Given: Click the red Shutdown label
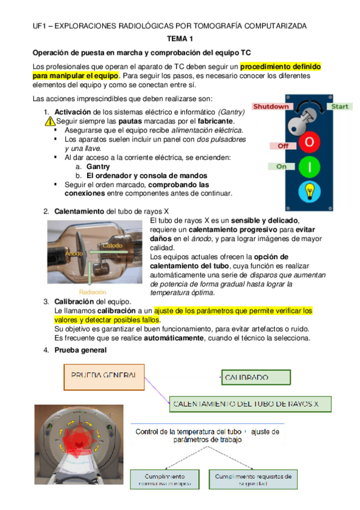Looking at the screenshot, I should (x=270, y=106).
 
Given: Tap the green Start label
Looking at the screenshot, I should (x=340, y=106).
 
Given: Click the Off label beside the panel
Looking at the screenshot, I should (x=282, y=146).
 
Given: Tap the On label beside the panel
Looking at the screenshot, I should (x=281, y=167).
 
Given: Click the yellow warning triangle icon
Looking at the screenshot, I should (x=49, y=121).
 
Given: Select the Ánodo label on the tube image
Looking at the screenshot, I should (x=74, y=253).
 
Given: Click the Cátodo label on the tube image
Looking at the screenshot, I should (x=112, y=245).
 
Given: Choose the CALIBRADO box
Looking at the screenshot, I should (x=255, y=378).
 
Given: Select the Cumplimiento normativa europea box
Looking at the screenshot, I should (x=165, y=479).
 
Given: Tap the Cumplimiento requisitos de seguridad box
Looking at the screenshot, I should (x=253, y=479).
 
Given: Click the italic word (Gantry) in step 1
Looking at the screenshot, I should (x=231, y=112).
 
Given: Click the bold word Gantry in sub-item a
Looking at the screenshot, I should (x=99, y=166).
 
